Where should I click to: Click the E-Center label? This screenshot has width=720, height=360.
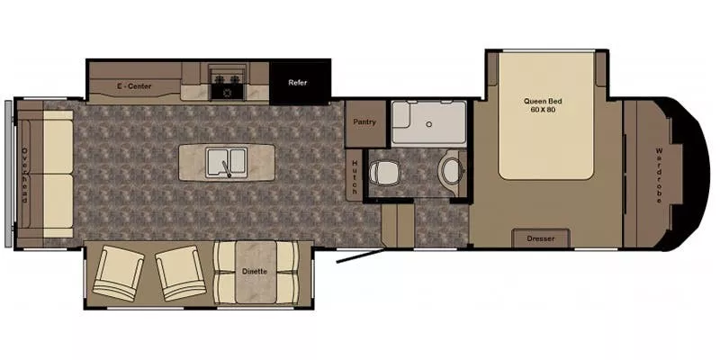(x=134, y=86)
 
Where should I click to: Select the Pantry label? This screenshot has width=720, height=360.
(x=364, y=121)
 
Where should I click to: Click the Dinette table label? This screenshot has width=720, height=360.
(x=256, y=270)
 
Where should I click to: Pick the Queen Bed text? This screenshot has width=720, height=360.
(x=544, y=101)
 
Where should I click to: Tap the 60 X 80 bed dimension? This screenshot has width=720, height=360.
(x=544, y=111)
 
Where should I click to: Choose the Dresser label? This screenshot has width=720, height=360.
(x=542, y=239)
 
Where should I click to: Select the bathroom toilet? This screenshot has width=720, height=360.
(x=388, y=172)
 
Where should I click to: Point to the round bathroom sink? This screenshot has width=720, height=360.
(x=448, y=170)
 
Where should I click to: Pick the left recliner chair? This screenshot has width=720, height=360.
(x=118, y=274)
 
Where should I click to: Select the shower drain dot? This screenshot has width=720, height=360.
(x=427, y=122)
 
